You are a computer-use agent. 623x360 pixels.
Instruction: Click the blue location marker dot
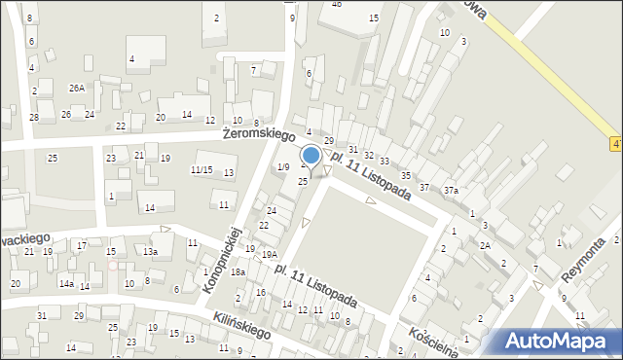point(311,155)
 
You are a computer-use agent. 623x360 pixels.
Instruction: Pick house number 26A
point(76,88)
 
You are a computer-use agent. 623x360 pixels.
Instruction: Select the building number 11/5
point(201,170)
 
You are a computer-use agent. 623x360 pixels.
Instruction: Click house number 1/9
point(283,167)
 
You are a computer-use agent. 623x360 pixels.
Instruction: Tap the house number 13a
point(150,251)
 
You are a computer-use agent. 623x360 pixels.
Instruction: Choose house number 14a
point(65,283)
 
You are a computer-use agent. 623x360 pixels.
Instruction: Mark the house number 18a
point(238,273)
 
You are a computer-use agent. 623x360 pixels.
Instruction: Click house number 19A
point(269,254)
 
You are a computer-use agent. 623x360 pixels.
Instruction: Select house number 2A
point(484,245)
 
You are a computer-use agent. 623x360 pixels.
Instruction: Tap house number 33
point(385,162)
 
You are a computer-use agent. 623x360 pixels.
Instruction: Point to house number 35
point(405,174)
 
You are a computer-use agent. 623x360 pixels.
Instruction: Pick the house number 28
point(34,118)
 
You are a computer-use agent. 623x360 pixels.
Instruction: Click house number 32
point(368,155)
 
